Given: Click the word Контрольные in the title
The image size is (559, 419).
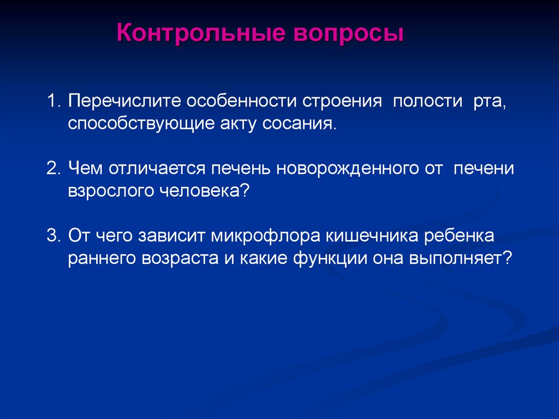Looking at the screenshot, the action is coord(201,33).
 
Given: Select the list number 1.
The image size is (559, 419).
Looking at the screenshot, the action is coord(52,101).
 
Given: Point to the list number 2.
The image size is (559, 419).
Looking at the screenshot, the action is coord(52,168).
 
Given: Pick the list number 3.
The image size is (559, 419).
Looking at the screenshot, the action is coord(52,235).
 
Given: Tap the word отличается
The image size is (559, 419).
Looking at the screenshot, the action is coord(157,168).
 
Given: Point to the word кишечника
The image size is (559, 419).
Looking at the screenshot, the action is coord(372,236).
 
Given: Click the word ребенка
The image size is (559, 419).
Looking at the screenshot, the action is coord(459,236).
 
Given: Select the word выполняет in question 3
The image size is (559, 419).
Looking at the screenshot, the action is coord(460,258).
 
